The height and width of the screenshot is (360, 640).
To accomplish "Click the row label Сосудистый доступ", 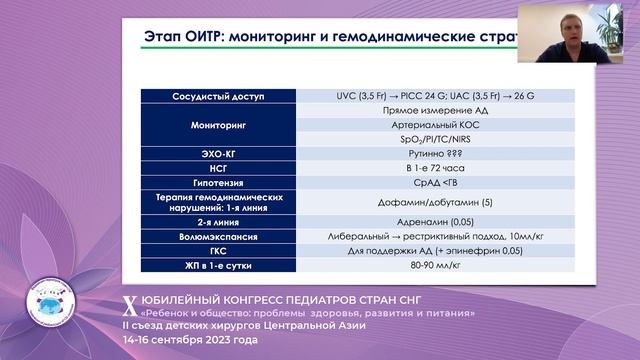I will click(218, 97).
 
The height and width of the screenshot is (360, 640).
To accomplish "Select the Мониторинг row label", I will click(218, 126).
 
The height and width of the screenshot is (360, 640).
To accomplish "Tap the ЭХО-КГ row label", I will click(218, 154).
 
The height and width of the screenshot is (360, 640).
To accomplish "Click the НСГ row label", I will click(218, 169).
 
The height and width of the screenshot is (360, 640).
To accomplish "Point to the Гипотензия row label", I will click(218, 183).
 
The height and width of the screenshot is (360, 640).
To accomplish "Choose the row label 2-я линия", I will click(218, 223).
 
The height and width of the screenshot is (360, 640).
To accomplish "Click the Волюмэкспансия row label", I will click(218, 238).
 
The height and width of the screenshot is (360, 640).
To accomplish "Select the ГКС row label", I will click(218, 252).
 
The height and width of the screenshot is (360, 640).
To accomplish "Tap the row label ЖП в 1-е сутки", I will click(218, 267).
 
